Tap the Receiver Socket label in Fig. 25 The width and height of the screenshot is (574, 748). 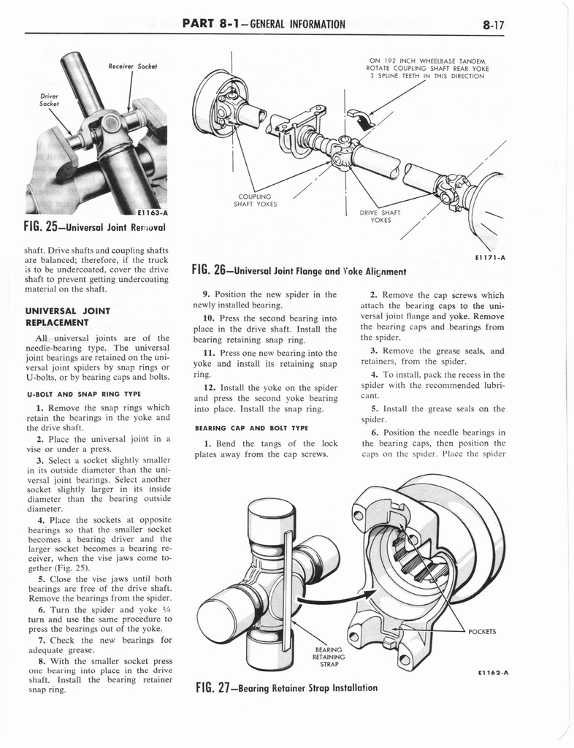click(129, 66)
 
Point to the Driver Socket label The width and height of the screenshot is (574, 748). click(49, 99)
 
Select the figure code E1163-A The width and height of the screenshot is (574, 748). click(148, 212)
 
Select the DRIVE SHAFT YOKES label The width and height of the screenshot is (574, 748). click(378, 216)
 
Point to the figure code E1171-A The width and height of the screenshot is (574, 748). click(491, 256)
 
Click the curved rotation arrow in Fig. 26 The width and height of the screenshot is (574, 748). click(360, 118)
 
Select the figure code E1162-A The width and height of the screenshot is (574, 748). click(490, 674)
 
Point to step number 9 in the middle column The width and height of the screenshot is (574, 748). click(206, 294)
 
